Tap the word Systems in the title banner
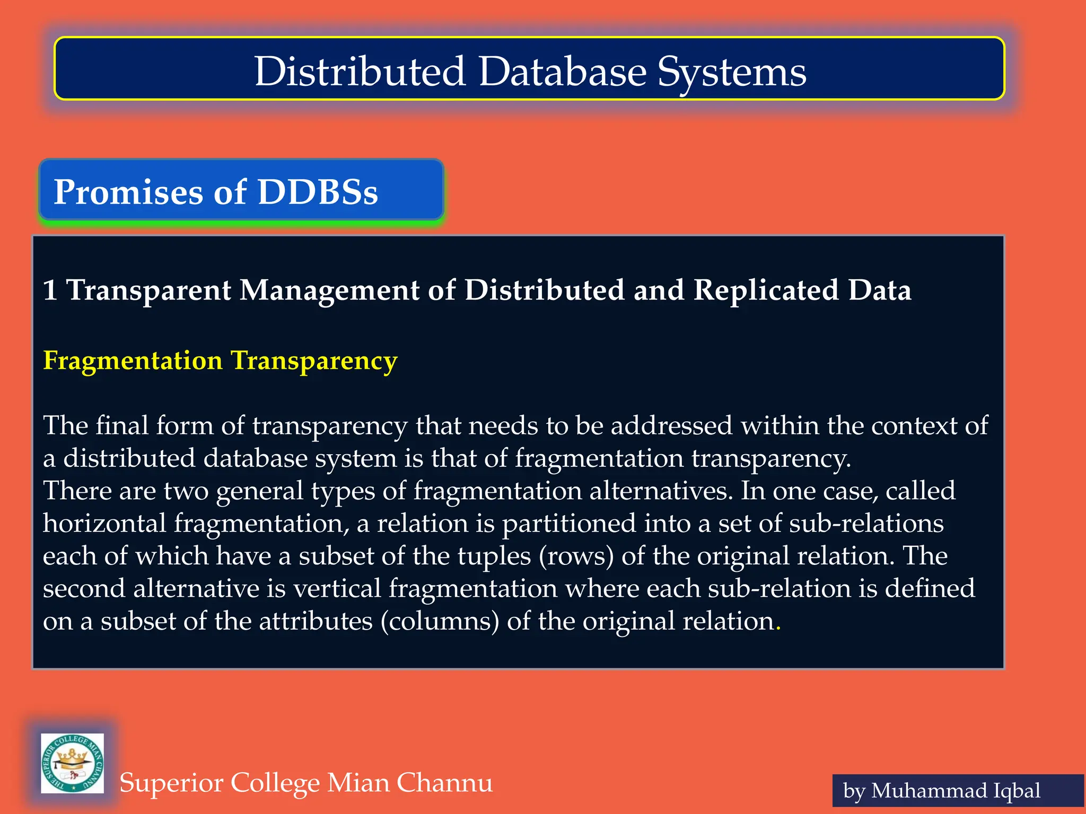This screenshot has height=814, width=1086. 732,73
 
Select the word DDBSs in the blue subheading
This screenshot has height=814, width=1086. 318,191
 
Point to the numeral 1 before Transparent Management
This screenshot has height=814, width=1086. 50,290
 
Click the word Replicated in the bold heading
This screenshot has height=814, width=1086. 766,290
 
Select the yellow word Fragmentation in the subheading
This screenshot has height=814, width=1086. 133,361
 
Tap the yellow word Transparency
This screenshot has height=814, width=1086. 314,361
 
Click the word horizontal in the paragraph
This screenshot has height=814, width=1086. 104,524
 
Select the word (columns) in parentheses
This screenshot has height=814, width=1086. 440,622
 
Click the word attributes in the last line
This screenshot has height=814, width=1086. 316,621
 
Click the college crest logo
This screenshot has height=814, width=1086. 73,763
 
